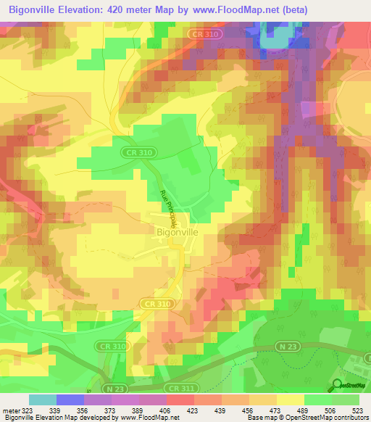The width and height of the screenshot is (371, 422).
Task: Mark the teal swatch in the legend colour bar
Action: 43,400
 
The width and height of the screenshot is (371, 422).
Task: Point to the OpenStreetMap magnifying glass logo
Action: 337,384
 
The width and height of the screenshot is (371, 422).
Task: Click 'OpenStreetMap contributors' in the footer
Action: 325,418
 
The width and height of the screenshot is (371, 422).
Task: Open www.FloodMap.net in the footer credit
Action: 153,418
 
